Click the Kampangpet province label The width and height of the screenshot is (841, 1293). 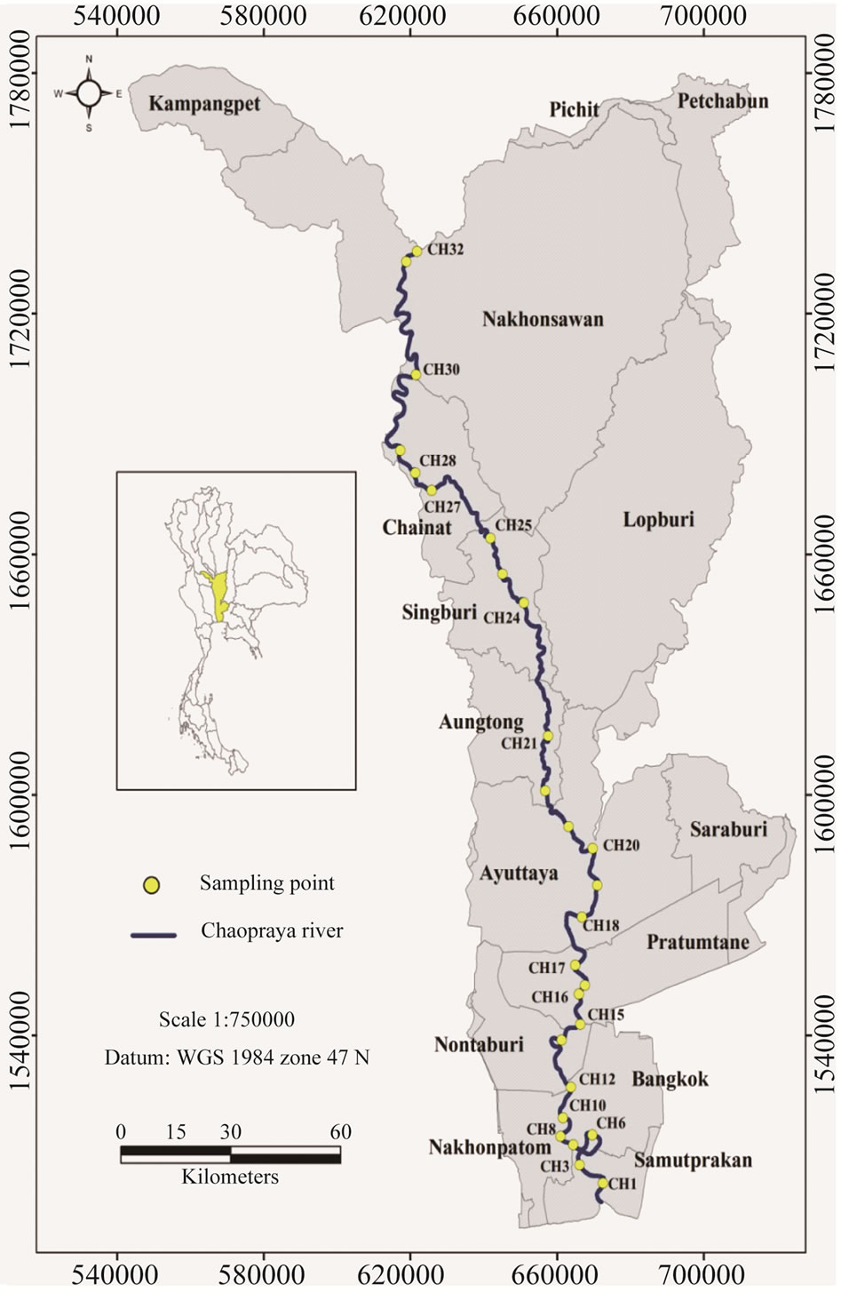pos(204,104)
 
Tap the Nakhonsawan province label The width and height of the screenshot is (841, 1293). pos(543,319)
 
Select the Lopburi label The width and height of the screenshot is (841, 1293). pos(658,520)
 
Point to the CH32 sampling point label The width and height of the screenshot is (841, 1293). pos(445,250)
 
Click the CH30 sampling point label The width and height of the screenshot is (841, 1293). pos(441,369)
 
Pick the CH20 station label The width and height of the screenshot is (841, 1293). pos(621,846)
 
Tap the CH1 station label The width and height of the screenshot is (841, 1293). pos(623,1184)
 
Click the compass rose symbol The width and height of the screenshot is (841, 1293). pos(89,92)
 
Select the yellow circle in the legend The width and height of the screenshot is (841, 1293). pos(152,884)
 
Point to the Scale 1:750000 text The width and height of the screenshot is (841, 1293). pos(226,1019)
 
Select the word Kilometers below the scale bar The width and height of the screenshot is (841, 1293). pos(230,1177)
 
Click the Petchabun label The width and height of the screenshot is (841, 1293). pos(723,100)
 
